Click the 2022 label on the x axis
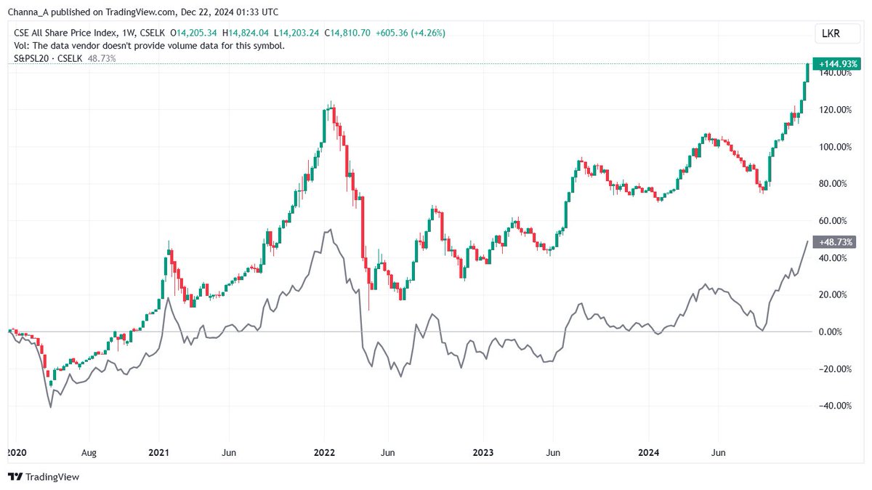(324, 452)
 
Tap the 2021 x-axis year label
(158, 452)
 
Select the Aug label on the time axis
(88, 452)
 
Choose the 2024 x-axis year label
(648, 452)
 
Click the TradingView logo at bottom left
(43, 477)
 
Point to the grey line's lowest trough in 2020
(50, 407)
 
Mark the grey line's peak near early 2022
(331, 230)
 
